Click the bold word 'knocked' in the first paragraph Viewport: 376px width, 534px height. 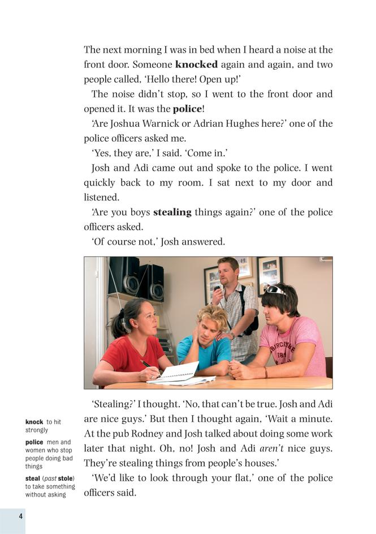(196, 65)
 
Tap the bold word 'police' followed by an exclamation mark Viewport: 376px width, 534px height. (187, 109)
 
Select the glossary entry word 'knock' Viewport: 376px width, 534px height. (34, 422)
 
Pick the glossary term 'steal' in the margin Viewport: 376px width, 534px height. (32, 479)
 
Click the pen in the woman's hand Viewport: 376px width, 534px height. (146, 364)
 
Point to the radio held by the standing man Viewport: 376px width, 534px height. (217, 296)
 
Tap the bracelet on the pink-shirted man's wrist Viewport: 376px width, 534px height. (265, 372)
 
